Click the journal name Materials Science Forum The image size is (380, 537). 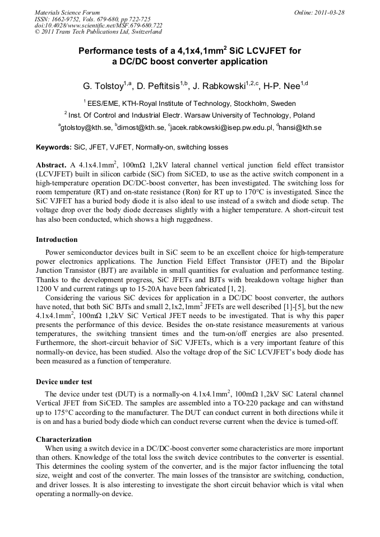coord(67,12)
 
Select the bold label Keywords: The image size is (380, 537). coord(54,148)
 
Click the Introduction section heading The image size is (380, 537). coord(57,240)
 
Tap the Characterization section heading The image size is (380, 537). coord(63,440)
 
